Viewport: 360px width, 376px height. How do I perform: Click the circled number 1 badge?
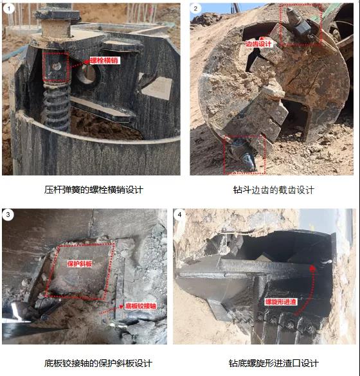tap(9, 9)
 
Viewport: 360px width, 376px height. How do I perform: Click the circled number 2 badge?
tap(195, 8)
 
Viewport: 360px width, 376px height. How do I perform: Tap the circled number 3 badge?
tap(8, 214)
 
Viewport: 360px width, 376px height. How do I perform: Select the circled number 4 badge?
tap(179, 215)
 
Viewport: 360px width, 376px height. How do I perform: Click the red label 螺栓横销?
tap(104, 60)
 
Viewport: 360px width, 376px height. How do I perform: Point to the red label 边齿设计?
tap(258, 44)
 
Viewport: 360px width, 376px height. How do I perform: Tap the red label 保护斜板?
tap(79, 264)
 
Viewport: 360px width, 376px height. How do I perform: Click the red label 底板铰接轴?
tap(141, 306)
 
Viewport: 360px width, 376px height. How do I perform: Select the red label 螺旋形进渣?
tap(280, 301)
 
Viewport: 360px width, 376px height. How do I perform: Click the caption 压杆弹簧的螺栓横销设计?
tap(94, 190)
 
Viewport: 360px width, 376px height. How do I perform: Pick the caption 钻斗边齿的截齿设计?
tap(273, 190)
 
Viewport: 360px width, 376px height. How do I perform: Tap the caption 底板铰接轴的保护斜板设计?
tap(98, 363)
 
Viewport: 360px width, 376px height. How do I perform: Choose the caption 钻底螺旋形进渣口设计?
tap(274, 363)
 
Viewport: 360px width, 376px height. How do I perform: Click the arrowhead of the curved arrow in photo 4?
tap(312, 269)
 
